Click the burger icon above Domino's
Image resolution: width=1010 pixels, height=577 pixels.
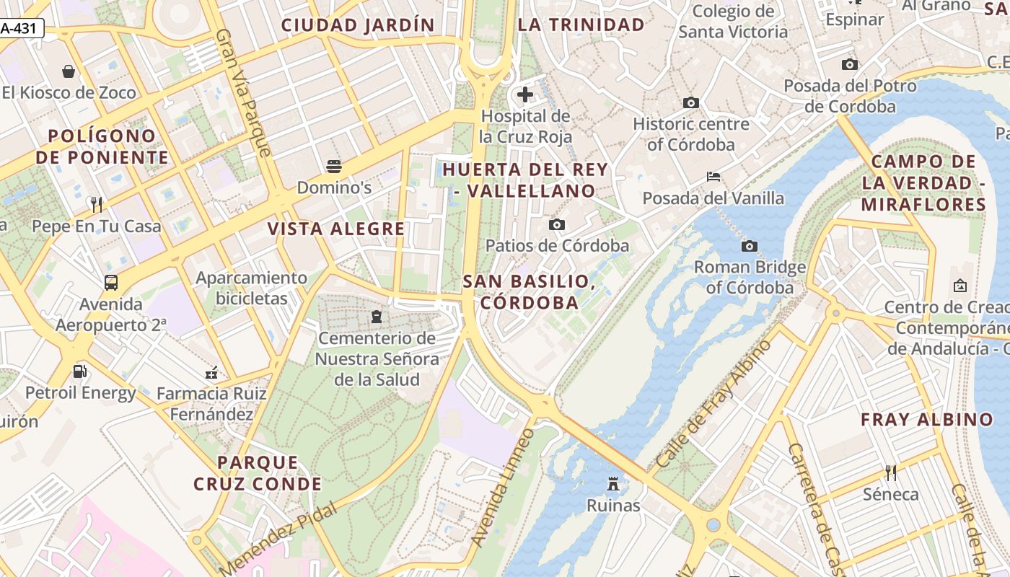333,167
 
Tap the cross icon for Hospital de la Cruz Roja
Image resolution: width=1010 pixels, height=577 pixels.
525,94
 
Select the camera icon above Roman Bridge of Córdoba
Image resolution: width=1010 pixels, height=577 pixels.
750,247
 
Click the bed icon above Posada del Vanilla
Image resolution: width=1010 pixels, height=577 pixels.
713,177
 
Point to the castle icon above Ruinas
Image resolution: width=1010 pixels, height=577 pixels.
613,483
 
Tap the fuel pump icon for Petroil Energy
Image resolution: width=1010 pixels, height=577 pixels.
79,371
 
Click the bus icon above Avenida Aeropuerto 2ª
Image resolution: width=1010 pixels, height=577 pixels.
111,282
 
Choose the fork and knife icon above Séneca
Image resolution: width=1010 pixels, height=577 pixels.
891,473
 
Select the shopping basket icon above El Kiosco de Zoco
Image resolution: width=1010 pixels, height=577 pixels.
69,71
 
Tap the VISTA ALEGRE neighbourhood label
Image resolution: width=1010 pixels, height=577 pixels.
336,229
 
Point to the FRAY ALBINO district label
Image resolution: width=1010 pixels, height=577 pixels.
927,420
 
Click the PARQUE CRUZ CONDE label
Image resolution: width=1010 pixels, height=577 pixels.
258,473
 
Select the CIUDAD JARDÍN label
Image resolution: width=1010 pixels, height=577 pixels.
358,25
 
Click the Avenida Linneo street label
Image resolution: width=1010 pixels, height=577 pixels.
503,487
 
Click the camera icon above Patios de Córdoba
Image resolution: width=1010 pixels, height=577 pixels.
556,225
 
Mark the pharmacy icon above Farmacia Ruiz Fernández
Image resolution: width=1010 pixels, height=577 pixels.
211,373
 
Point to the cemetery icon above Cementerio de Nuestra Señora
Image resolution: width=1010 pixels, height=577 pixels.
376,316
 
